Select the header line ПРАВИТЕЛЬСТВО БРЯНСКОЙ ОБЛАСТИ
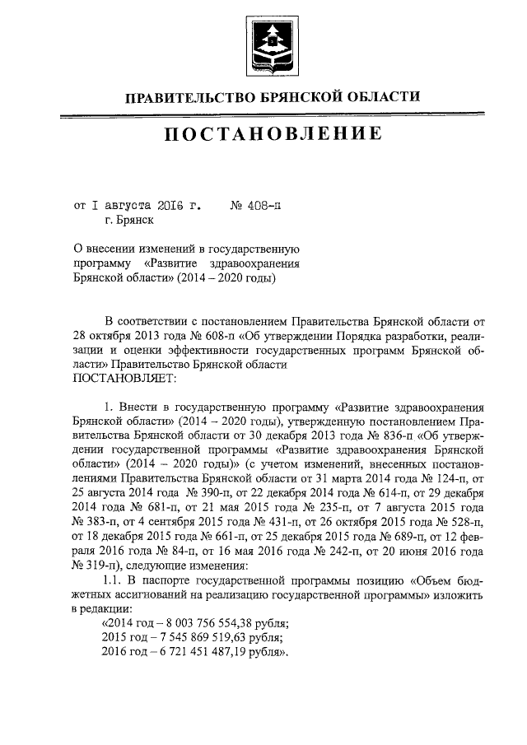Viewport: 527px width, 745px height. [x=272, y=97]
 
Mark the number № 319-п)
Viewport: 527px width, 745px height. [x=97, y=565]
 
